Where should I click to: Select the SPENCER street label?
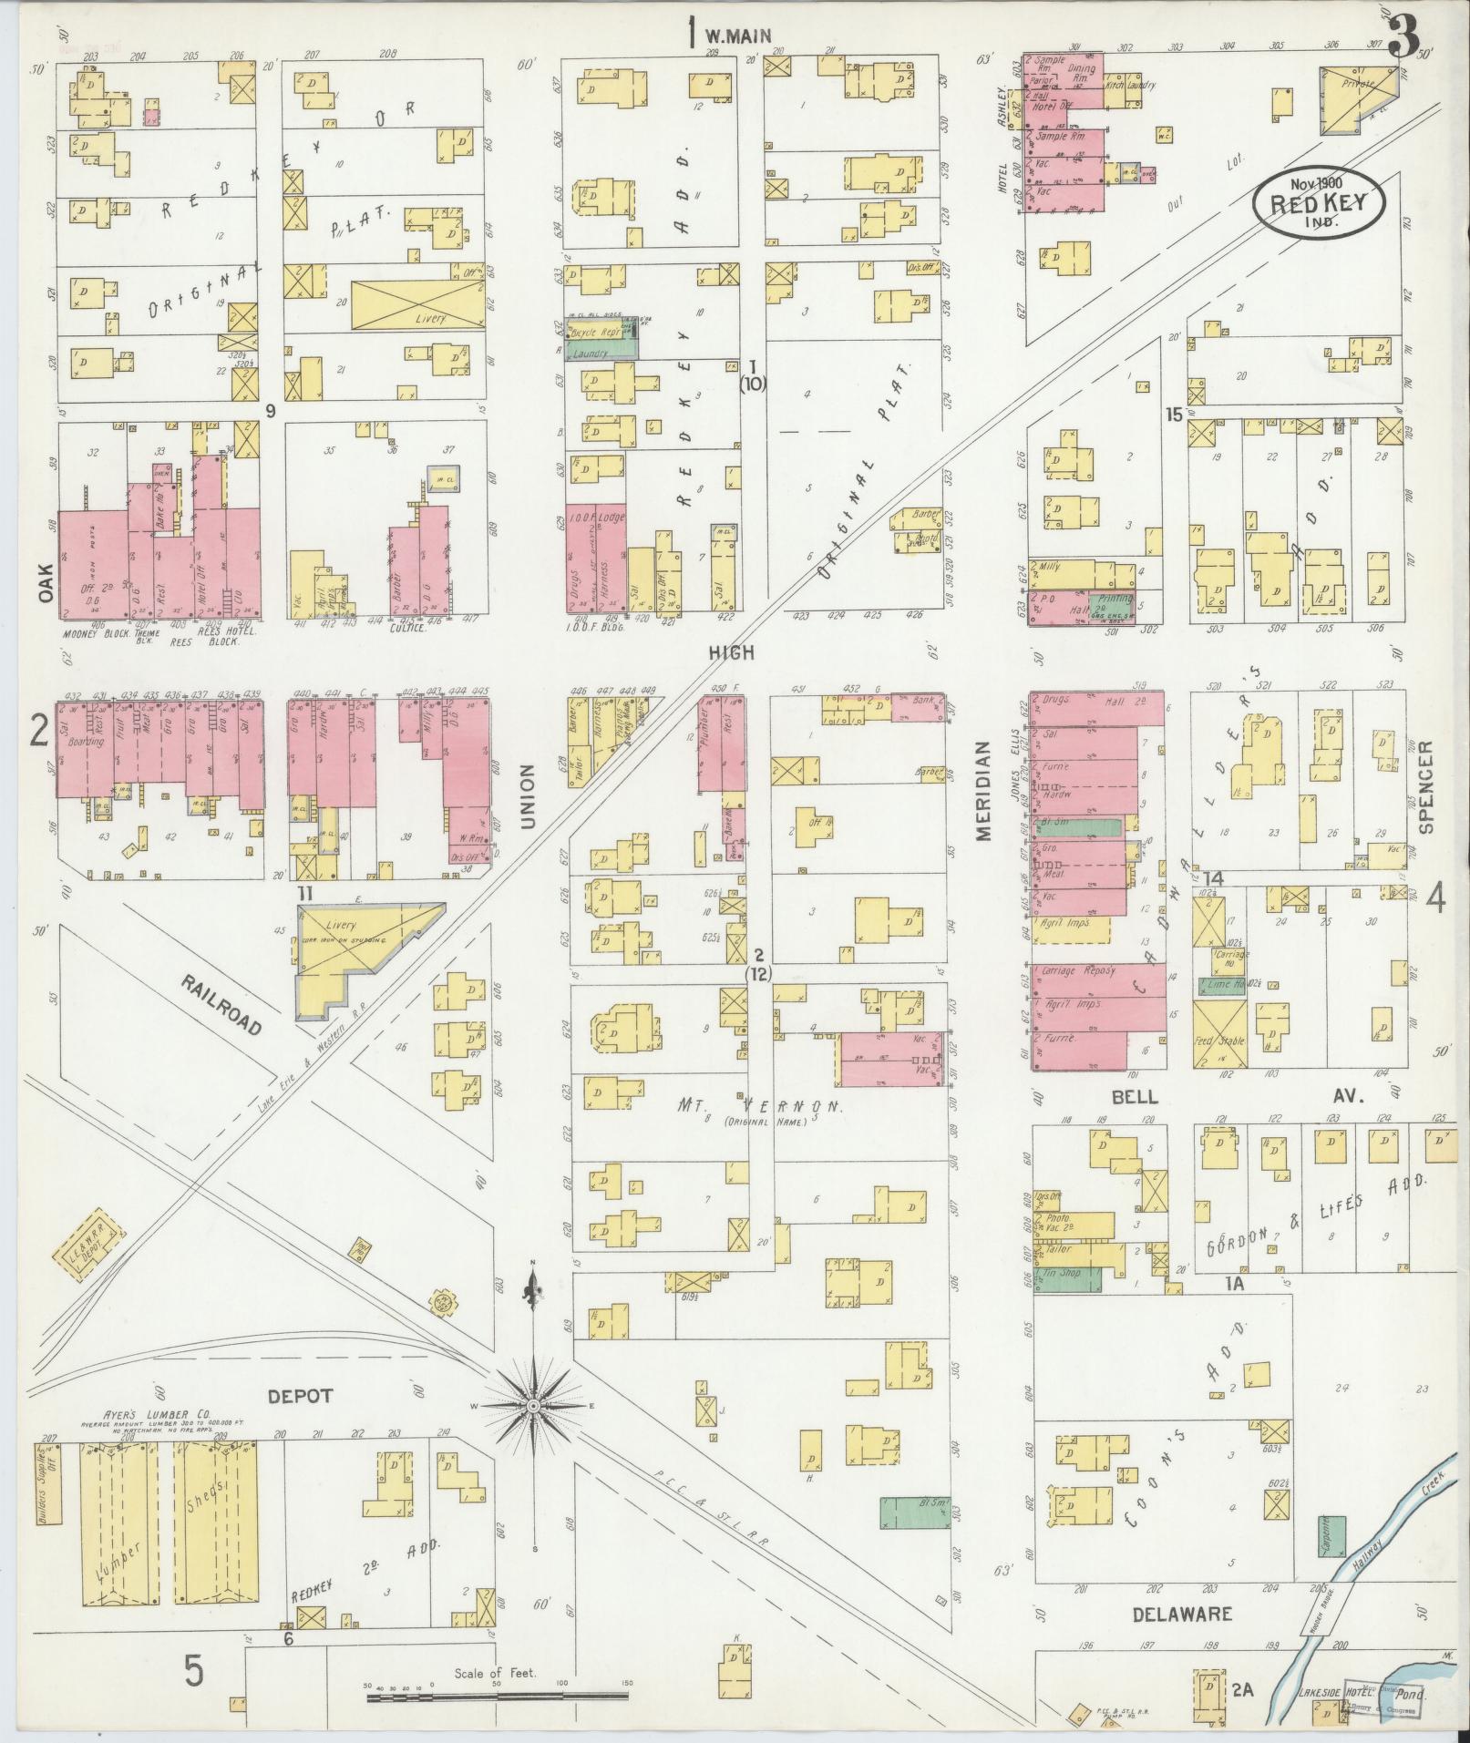point(1426,785)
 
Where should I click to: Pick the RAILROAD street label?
point(221,1004)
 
